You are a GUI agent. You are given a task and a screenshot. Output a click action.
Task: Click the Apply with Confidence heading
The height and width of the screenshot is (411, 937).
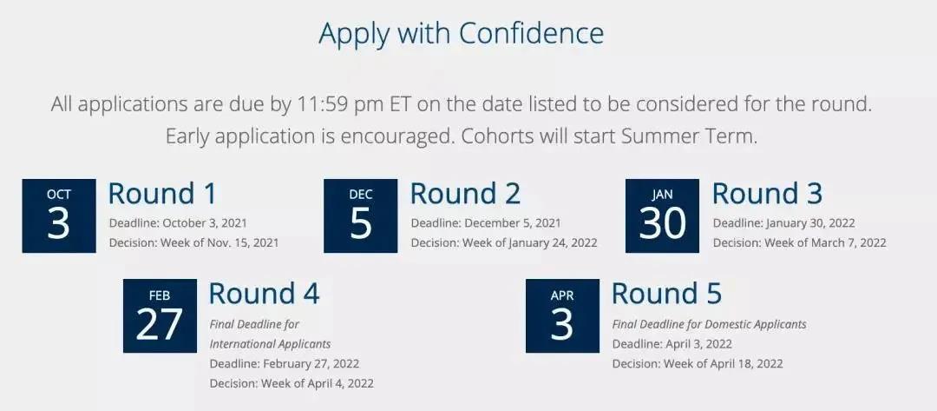pyautogui.click(x=461, y=34)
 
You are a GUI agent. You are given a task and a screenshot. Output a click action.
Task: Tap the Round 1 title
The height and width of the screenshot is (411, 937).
pyautogui.click(x=162, y=193)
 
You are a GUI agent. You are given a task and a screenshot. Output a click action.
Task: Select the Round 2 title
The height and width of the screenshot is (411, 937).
pyautogui.click(x=465, y=193)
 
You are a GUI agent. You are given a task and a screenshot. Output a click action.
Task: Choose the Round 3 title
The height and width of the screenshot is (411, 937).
pyautogui.click(x=767, y=193)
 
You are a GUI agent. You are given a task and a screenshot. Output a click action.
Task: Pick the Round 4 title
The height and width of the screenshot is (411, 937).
pyautogui.click(x=264, y=294)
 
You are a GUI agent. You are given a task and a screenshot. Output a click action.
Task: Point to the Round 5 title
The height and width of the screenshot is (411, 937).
pyautogui.click(x=667, y=294)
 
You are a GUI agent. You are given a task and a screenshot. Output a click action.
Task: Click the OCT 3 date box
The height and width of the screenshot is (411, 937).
pyautogui.click(x=59, y=215)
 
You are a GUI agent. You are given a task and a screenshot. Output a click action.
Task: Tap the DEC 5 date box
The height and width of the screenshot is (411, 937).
pyautogui.click(x=360, y=215)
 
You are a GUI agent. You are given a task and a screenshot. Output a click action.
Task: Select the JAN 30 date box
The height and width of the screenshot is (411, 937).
pyautogui.click(x=662, y=215)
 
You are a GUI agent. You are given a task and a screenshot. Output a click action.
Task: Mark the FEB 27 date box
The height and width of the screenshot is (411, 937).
pyautogui.click(x=160, y=315)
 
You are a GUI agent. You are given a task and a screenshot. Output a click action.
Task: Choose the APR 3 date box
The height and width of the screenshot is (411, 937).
pyautogui.click(x=562, y=315)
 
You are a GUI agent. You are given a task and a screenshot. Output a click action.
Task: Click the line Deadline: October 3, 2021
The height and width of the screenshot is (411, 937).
pyautogui.click(x=178, y=223)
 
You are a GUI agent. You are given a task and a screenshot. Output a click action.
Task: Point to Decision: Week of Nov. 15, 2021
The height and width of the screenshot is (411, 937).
pyautogui.click(x=193, y=243)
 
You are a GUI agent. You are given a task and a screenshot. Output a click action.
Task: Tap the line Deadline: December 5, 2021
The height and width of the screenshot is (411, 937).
pyautogui.click(x=486, y=223)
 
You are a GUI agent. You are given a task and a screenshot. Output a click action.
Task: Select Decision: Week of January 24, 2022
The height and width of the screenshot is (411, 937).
pyautogui.click(x=504, y=243)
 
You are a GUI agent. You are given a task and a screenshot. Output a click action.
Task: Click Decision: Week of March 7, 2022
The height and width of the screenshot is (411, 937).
pyautogui.click(x=800, y=243)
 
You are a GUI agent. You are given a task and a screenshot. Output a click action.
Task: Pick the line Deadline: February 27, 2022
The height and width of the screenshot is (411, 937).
pyautogui.click(x=285, y=364)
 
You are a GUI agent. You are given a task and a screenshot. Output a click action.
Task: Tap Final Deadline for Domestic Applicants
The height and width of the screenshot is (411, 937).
pyautogui.click(x=710, y=324)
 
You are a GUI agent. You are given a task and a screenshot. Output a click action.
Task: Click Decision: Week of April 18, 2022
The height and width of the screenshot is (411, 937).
pyautogui.click(x=698, y=364)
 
